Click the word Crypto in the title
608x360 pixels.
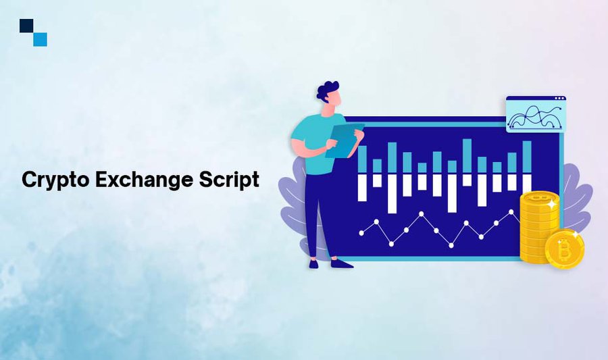55,180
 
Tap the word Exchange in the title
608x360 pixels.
145,180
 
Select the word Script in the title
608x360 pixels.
229,180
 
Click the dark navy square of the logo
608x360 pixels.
26,26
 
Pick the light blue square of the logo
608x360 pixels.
40,40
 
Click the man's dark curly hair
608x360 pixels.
326,91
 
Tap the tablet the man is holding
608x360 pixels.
344,140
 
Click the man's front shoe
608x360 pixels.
342,264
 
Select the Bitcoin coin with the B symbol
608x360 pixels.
565,249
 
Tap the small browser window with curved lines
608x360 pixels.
536,114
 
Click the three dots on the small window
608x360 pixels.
559,99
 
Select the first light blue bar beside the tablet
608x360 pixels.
362,159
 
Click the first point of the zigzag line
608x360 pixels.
362,233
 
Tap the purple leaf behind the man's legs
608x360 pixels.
295,205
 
